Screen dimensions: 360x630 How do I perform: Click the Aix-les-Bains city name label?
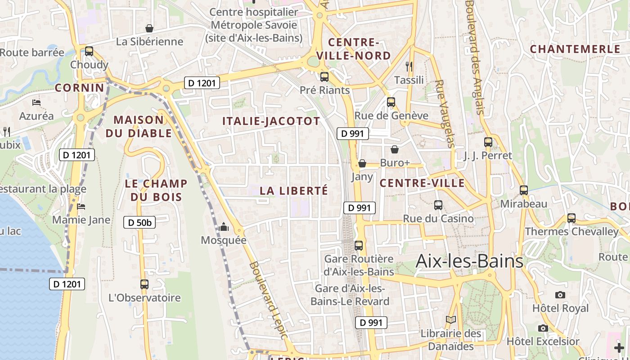coord(469,261)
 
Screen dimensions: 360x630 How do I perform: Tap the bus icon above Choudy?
coord(89,51)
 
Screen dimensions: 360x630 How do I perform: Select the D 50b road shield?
coord(139,222)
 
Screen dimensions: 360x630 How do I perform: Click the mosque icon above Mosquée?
coord(224,227)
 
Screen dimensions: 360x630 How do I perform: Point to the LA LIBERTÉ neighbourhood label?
coord(294,191)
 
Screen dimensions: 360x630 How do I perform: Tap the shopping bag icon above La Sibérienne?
coord(149,28)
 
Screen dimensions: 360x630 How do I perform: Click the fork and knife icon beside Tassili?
coord(409,67)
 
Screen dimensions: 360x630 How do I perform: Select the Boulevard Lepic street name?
coord(268,300)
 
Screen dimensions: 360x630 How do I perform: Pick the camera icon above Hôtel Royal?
coord(560,295)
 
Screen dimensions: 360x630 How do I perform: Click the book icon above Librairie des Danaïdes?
coord(451,320)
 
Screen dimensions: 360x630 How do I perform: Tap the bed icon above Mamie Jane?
coord(81,207)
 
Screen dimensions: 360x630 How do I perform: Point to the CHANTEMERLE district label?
coord(575,49)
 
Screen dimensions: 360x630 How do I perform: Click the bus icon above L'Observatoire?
coord(144,284)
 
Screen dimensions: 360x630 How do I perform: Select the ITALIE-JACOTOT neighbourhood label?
coord(271,121)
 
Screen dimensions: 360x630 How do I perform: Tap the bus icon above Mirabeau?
coord(524,190)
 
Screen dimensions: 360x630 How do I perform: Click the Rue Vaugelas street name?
coord(445,114)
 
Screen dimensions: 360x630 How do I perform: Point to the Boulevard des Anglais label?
coord(474,56)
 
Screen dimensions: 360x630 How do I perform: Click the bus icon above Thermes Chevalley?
coord(571,218)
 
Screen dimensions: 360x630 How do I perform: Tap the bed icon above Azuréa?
coord(36,103)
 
